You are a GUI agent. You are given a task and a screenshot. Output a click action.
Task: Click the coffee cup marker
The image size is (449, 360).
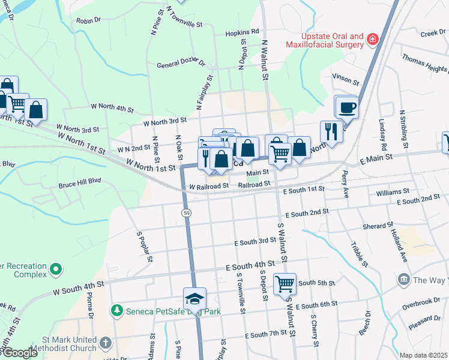tap(347, 108)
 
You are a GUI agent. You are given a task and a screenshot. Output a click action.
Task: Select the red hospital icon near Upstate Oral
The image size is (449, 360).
tap(373, 40)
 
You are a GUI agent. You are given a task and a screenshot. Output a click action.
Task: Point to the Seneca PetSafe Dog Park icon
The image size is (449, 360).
tap(116, 310)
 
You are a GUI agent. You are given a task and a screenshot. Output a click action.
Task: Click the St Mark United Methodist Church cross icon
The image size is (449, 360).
tap(105, 343)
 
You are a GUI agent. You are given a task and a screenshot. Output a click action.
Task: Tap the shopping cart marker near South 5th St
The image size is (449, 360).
tap(285, 283)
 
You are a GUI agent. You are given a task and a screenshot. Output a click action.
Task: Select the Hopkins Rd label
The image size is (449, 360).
tap(242, 32)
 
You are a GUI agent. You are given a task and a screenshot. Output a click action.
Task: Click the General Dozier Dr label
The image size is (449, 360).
tap(181, 64)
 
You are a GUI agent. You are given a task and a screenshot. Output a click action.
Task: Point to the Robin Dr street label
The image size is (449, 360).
tap(88, 20)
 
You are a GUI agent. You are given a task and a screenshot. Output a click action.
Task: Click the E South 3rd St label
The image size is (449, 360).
tap(255, 241)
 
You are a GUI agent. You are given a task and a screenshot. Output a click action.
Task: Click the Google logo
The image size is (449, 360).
tap(20, 353)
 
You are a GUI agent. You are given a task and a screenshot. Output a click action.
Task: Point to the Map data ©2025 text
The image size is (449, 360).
tap(423, 355)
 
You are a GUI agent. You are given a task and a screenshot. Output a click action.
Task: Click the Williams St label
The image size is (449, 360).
tap(393, 192)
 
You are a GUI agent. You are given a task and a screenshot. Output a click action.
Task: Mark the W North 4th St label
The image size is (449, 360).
tap(112, 107)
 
